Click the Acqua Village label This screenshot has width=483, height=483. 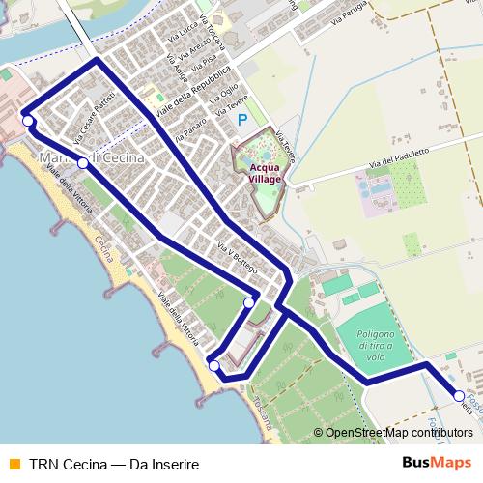[260, 171]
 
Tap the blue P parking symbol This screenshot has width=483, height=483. [242, 120]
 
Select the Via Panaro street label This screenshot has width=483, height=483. [193, 130]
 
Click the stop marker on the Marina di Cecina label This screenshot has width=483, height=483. [84, 163]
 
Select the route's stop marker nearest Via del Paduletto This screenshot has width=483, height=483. [458, 393]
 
